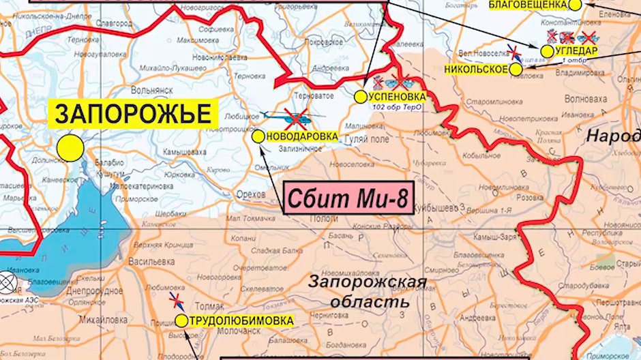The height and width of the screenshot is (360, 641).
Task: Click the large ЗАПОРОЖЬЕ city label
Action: click(132, 114)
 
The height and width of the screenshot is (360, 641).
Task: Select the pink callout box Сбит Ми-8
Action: click(347, 199)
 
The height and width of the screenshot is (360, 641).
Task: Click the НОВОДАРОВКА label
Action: click(302, 137)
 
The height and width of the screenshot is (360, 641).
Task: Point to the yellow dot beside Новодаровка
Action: click(258, 137)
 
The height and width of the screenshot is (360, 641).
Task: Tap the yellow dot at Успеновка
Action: click(360, 97)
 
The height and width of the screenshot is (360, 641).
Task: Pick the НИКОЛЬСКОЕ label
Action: click(476, 69)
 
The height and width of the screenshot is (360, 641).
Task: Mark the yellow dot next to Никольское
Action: click(516, 69)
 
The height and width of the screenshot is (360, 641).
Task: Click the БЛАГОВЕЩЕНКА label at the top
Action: click(528, 5)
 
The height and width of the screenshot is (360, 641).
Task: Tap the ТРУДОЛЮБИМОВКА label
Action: click(241, 320)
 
